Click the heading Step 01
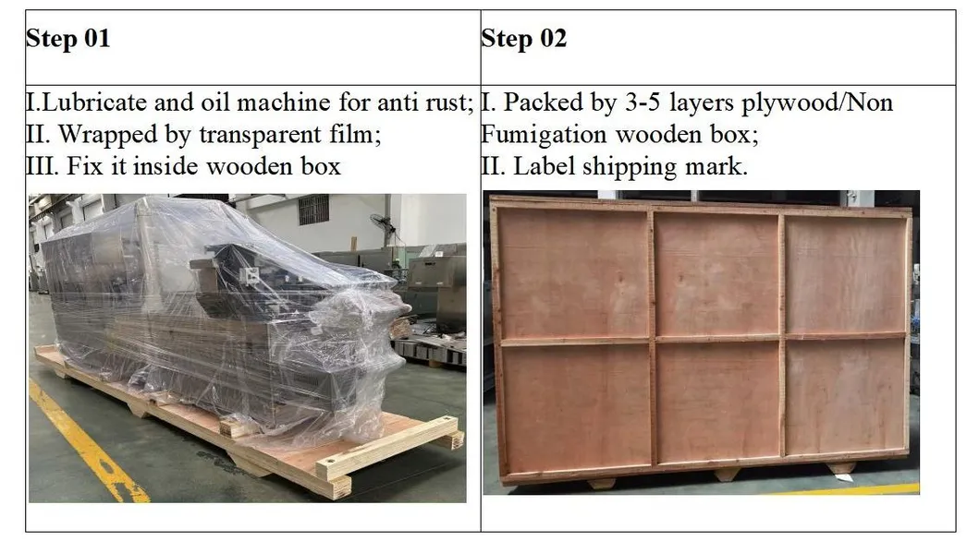pos(67,39)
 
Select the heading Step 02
pos(523,39)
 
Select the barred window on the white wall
pos(313,210)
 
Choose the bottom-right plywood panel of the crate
pos(844,398)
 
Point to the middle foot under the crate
pos(727,474)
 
